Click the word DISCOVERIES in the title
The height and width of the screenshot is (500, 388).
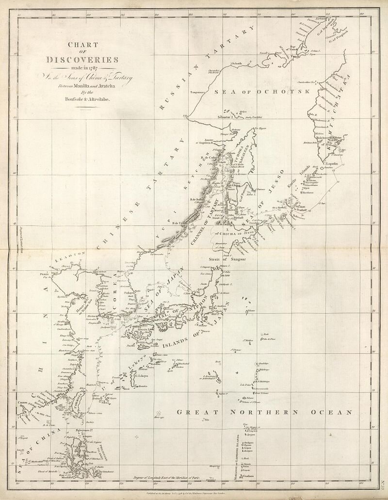tap(82, 60)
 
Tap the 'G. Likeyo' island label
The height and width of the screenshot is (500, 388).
tap(141, 376)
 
